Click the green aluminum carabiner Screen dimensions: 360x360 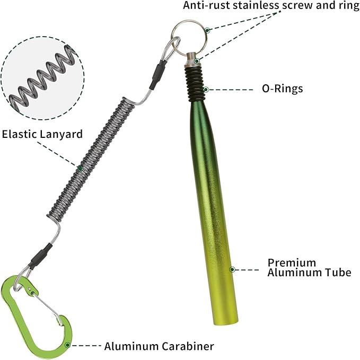pos(9,305)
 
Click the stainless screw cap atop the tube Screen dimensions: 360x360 pos(192,59)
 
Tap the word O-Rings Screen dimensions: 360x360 pos(282,89)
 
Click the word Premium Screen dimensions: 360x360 pos(292,262)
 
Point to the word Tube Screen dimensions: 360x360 pos(338,273)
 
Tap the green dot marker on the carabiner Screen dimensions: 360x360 pos(67,345)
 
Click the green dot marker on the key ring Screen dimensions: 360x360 pos(207,30)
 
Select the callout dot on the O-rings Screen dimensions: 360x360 pos(206,89)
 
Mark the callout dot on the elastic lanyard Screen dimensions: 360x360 pos(80,169)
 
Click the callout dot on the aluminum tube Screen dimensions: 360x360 pos(232,269)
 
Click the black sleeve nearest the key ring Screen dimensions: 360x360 pos(157,75)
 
